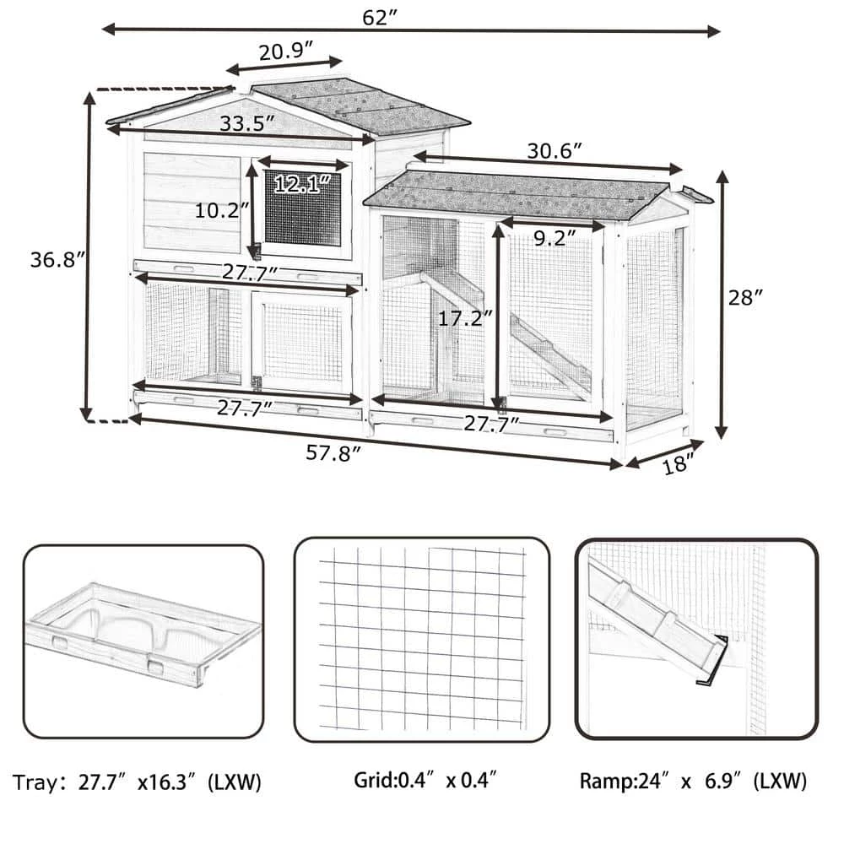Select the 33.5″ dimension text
click(x=247, y=123)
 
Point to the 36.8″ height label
click(x=57, y=260)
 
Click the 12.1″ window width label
click(x=300, y=185)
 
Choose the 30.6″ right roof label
click(x=555, y=151)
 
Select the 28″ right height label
click(x=746, y=297)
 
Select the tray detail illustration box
click(x=143, y=641)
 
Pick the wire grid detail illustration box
click(x=422, y=639)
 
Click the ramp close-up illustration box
click(x=696, y=639)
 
